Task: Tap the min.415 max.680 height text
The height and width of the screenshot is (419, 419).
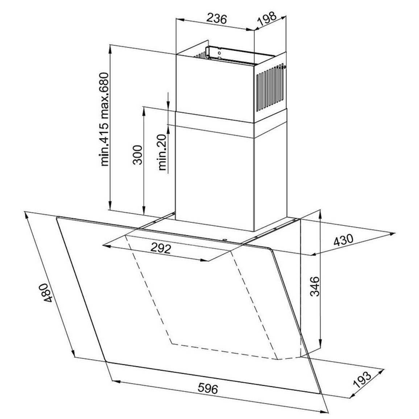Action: click(x=104, y=119)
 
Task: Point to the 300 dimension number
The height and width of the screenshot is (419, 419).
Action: click(x=137, y=155)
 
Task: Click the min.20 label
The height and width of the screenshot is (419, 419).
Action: click(x=162, y=152)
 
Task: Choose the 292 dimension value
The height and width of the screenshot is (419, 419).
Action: click(x=161, y=249)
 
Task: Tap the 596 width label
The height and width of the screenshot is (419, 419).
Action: click(x=208, y=388)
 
